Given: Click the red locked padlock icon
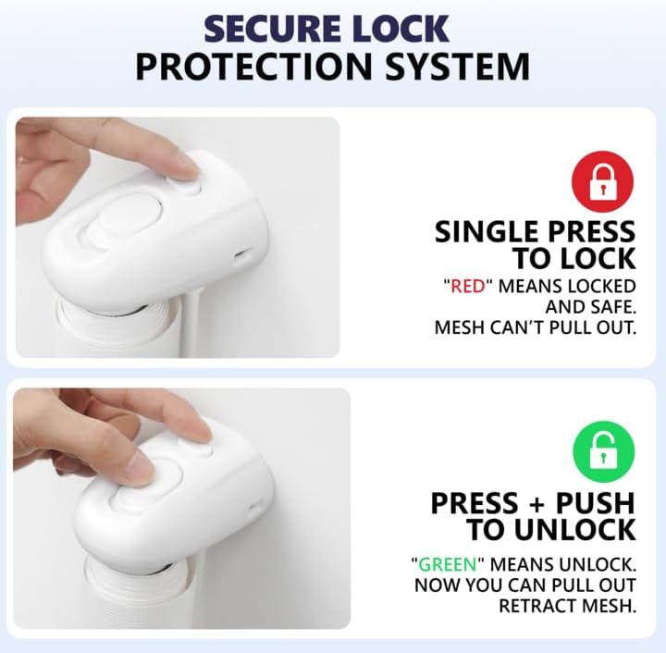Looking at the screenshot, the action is [603, 181].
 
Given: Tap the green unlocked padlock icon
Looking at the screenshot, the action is [603, 451].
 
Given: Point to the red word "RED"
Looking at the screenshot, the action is [468, 287].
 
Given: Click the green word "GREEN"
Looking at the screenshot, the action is [448, 565].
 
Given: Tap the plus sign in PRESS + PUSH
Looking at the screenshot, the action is [536, 504].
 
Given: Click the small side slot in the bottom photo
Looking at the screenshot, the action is [255, 507].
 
